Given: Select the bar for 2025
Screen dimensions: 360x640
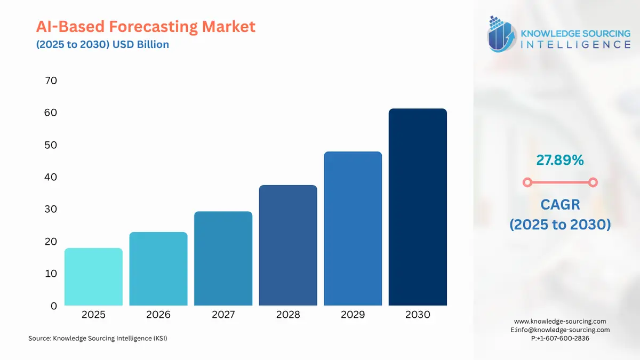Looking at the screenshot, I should point(93,277).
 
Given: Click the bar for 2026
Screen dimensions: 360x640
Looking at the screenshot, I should point(158,269).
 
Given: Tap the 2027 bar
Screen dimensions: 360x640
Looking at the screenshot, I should point(223,259).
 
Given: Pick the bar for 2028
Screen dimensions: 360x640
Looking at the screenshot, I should point(288,245).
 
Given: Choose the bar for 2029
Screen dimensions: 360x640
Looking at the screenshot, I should point(353,229).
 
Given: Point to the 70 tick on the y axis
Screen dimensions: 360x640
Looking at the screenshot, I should point(51,81).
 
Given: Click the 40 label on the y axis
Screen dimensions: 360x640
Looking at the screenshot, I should point(51,177).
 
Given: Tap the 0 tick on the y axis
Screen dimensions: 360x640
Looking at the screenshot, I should point(53,306).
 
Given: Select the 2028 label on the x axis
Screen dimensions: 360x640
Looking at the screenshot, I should point(288,315).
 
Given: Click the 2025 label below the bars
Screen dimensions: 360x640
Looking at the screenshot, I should point(93,315).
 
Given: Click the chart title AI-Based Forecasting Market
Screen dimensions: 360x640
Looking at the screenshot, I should point(146,26).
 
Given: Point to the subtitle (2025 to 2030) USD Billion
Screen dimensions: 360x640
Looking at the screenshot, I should point(102,44).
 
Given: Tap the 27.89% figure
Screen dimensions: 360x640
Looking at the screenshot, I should point(559,159).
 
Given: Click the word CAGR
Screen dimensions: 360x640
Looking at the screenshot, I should point(559,204).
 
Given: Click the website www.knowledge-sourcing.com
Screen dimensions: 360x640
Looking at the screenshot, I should point(560,322).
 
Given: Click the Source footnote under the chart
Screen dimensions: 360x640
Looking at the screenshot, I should point(98,338).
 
